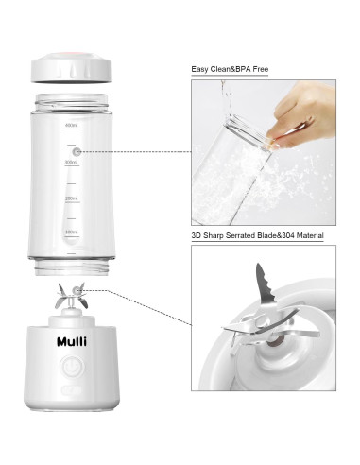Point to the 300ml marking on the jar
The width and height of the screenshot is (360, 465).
71,162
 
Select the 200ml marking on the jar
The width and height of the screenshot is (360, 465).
71,198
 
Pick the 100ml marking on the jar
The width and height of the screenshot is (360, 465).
71,232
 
